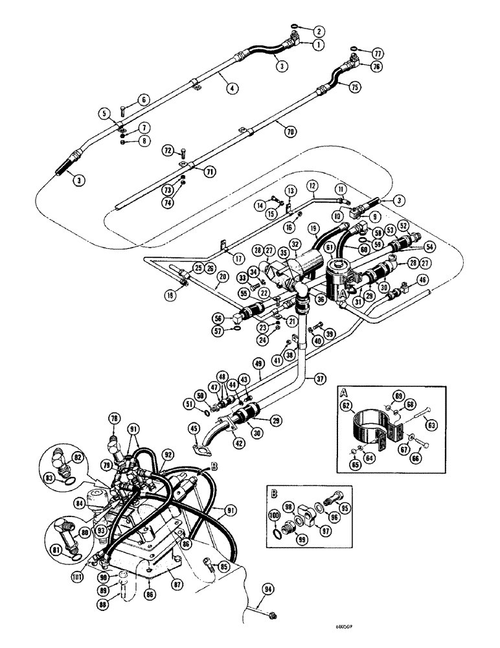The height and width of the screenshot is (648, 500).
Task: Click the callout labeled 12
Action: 312,187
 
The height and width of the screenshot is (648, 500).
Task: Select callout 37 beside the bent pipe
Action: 321,378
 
